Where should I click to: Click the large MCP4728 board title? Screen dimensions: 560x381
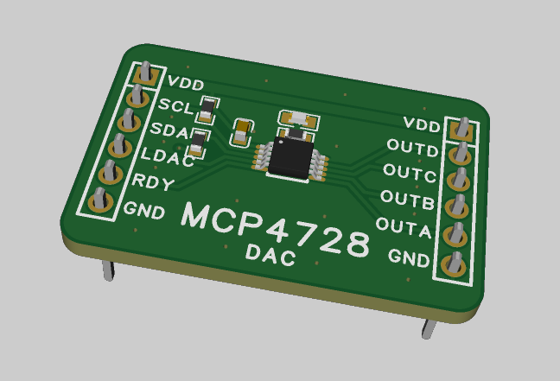click(x=276, y=229)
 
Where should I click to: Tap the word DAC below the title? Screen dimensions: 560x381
click(x=270, y=255)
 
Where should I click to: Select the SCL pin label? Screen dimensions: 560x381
click(x=176, y=106)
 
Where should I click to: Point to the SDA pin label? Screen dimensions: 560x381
click(x=169, y=130)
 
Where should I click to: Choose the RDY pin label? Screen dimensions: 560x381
click(x=153, y=182)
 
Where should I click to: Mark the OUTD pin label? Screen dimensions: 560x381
click(x=412, y=149)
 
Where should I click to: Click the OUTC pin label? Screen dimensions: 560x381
click(x=410, y=173)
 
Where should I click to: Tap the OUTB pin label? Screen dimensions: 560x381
click(x=408, y=200)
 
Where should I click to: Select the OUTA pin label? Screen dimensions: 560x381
click(x=404, y=227)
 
